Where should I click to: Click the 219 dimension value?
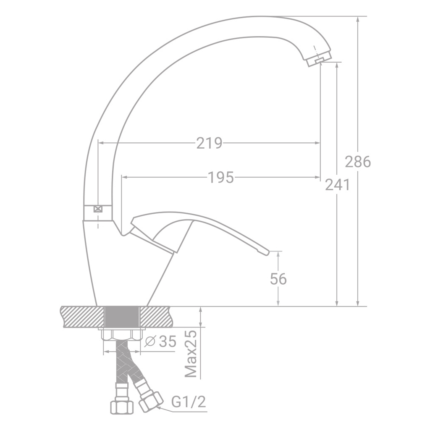(x=209, y=143)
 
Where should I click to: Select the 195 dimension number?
(x=221, y=177)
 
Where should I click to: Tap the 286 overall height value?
(x=358, y=162)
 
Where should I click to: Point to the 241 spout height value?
(x=337, y=185)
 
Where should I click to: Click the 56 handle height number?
(x=278, y=279)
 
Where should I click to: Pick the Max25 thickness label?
(x=191, y=354)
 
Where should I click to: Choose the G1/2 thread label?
(x=189, y=402)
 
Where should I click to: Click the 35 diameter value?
(x=167, y=341)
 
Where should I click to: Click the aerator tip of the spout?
(x=319, y=60)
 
